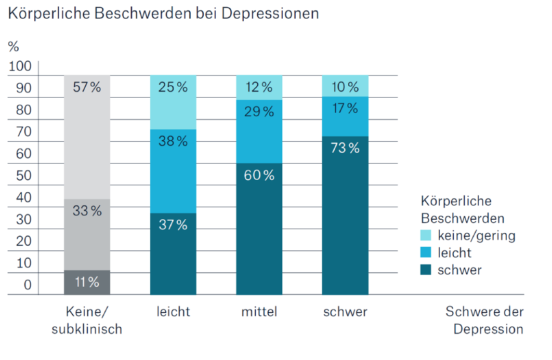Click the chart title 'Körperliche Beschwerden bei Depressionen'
coord(163,14)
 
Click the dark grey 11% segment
coord(87,283)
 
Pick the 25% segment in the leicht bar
coord(173,102)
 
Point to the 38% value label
coord(173,141)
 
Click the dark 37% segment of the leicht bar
coord(173,254)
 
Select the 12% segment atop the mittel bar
coord(259,87)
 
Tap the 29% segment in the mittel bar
coord(259,131)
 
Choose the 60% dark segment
coord(259,229)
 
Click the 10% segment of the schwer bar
coord(345,86)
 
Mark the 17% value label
coord(345,109)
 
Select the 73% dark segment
coord(345,216)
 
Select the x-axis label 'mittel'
coord(259,312)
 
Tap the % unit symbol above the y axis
coord(14,46)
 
